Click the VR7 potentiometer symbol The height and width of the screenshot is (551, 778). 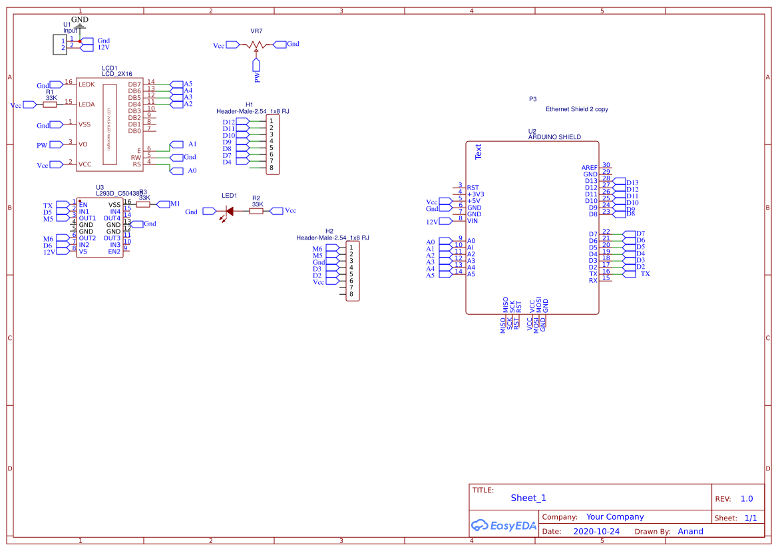pyautogui.click(x=256, y=45)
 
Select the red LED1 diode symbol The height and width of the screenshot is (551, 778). pyautogui.click(x=228, y=212)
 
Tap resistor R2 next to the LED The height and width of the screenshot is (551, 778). pyautogui.click(x=256, y=211)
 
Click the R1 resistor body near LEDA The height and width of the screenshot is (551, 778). pyautogui.click(x=50, y=104)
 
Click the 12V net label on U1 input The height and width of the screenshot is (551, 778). pyautogui.click(x=103, y=48)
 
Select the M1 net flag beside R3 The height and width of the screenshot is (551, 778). pyautogui.click(x=164, y=204)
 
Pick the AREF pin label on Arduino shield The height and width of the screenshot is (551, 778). pyautogui.click(x=589, y=168)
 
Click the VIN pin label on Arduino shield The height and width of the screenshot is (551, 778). pyautogui.click(x=473, y=221)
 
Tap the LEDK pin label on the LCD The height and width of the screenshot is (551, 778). pyautogui.click(x=87, y=85)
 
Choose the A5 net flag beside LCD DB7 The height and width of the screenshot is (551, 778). pyautogui.click(x=177, y=84)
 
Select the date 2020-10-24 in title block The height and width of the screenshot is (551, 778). pyautogui.click(x=596, y=532)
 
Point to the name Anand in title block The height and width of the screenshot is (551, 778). pyautogui.click(x=690, y=532)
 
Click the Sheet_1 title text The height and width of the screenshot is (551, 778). pyautogui.click(x=528, y=498)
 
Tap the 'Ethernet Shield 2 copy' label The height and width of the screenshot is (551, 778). pyautogui.click(x=576, y=109)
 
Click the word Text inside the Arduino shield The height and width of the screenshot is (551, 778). pyautogui.click(x=478, y=152)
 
